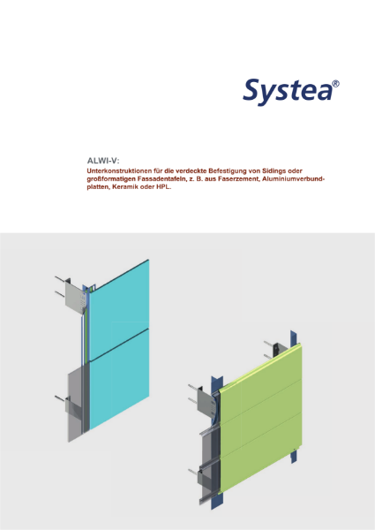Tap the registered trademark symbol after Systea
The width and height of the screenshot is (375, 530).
tap(334, 83)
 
